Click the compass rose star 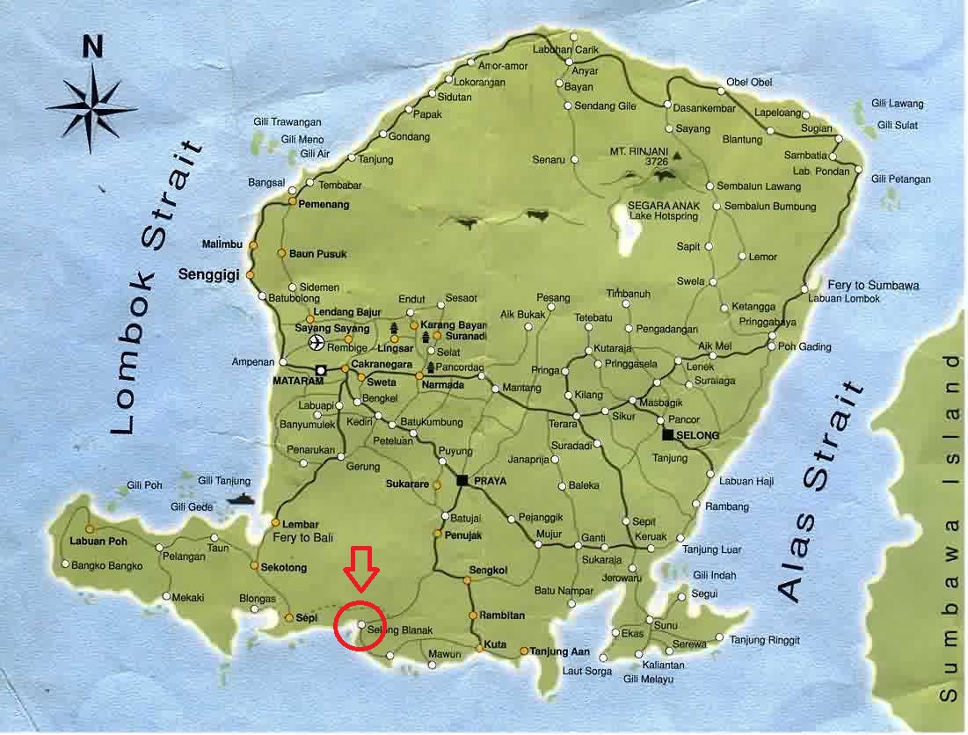click(91, 107)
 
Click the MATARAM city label click(300, 382)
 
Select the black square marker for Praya click(462, 480)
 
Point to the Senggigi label click(209, 274)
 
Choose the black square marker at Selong click(669, 434)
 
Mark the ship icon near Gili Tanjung click(240, 498)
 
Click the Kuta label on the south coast click(495, 644)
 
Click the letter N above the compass click(91, 47)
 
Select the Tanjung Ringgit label click(765, 640)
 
